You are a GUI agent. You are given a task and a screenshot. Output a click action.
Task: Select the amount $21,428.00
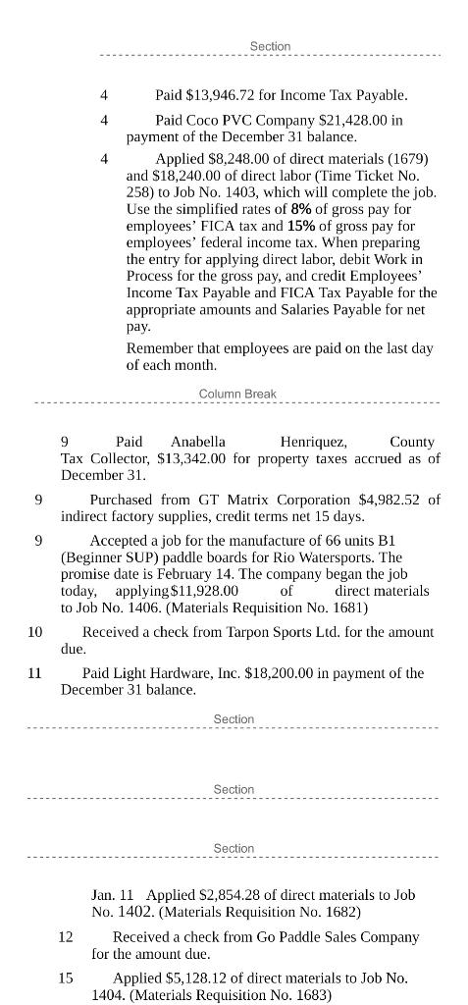point(356,120)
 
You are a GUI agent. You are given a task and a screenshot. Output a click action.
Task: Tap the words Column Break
point(237,394)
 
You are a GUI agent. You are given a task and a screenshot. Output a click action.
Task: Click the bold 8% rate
point(301,209)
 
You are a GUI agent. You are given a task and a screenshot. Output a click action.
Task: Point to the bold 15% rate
point(301,226)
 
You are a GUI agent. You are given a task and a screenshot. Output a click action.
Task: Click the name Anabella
point(198,442)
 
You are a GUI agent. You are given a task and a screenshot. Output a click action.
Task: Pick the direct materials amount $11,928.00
point(205,591)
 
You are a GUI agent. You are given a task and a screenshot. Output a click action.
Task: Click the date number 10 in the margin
point(35,632)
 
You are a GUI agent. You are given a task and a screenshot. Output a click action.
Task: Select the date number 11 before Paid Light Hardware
point(35,673)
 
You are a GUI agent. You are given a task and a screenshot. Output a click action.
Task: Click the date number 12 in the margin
point(66,937)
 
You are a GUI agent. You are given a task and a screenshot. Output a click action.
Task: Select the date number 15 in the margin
point(66,979)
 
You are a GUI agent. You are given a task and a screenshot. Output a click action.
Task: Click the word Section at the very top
point(270,46)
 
